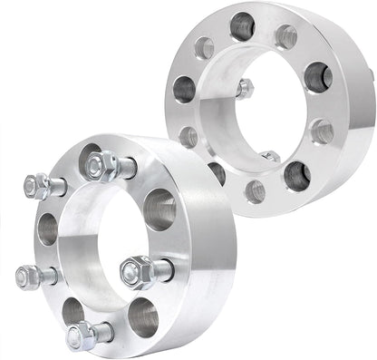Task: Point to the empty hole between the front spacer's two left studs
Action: pos(48,229)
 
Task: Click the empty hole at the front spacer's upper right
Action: pos(159,209)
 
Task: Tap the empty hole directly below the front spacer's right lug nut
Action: pos(142,316)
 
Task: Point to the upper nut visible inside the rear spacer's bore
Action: pos(245,88)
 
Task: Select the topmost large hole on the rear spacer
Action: pos(242,26)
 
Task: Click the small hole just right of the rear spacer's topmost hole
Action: pos(286,36)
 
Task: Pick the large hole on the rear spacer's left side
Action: pos(184,89)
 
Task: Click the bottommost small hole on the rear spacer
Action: pos(256,190)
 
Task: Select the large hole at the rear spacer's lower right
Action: pos(296,175)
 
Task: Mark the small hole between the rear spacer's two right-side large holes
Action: pos(322,130)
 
